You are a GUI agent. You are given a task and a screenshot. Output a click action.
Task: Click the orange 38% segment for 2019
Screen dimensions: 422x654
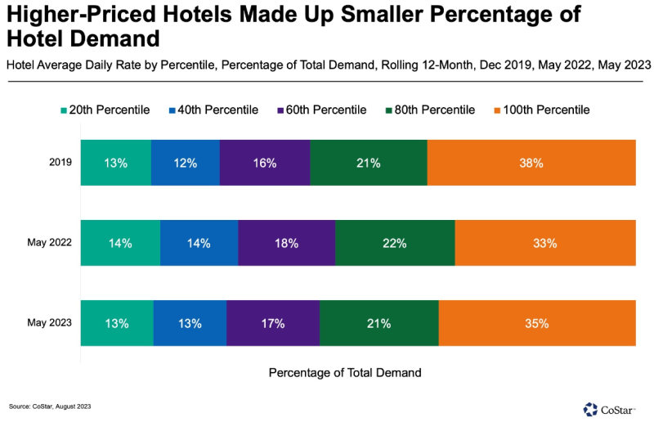coord(531,163)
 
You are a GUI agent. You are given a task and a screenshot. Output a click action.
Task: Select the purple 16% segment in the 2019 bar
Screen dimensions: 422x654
coord(265,163)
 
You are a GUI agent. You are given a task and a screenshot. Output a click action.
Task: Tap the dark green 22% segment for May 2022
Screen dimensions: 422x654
coord(395,243)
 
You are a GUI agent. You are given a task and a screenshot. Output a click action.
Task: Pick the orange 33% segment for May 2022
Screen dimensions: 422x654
coord(545,243)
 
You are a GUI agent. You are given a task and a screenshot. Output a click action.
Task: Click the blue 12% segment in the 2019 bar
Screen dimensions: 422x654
coord(186,163)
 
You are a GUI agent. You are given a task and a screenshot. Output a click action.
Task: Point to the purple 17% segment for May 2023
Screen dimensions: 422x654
coord(273,323)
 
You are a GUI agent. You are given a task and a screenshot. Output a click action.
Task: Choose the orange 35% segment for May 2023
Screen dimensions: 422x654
coord(537,323)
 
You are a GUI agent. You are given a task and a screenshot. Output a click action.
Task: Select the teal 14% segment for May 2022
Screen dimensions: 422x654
coord(120,243)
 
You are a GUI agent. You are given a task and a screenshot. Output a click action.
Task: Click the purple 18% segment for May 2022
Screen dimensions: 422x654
coord(286,243)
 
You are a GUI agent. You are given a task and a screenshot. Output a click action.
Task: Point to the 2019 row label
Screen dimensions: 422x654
coord(60,163)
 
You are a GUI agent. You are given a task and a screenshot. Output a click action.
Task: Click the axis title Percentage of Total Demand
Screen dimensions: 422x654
coord(345,372)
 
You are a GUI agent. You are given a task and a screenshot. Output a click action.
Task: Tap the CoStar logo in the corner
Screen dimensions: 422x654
coord(613,408)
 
